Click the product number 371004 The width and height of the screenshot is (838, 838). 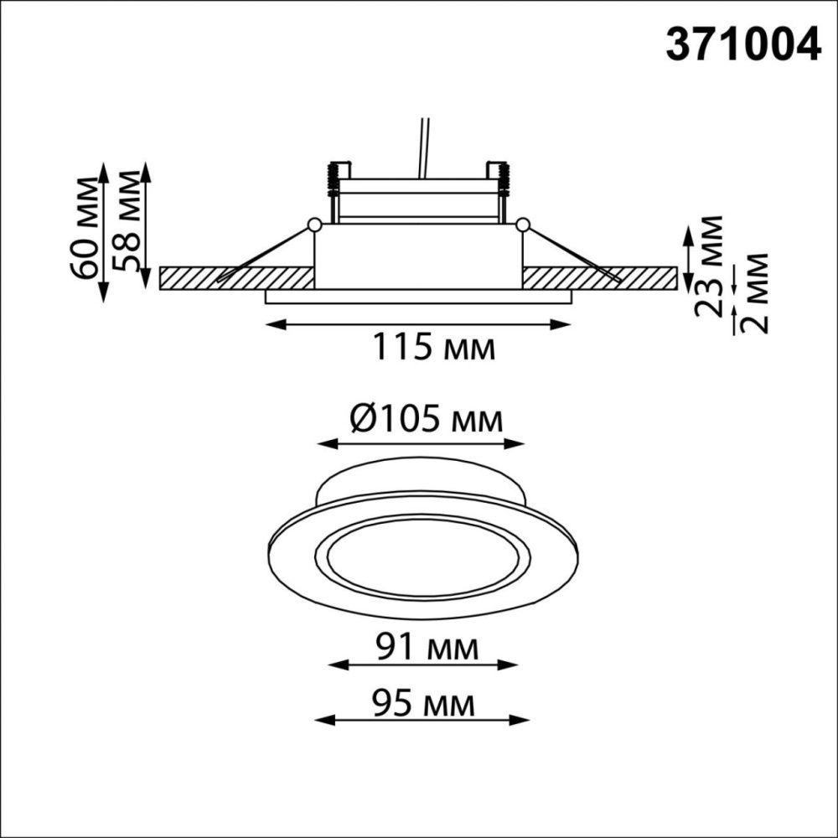tap(742, 46)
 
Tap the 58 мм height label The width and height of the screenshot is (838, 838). tap(130, 220)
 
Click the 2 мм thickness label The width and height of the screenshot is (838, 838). tap(757, 292)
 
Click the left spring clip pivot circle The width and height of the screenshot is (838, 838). tap(314, 225)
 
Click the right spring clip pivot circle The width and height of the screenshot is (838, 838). tap(523, 225)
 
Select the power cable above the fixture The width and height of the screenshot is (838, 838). tap(423, 147)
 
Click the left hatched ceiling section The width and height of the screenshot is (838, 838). tap(235, 278)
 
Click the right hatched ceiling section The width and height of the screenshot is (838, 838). tap(603, 278)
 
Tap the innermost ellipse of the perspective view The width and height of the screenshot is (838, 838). tap(423, 563)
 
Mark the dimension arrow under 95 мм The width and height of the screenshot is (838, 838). tap(422, 719)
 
